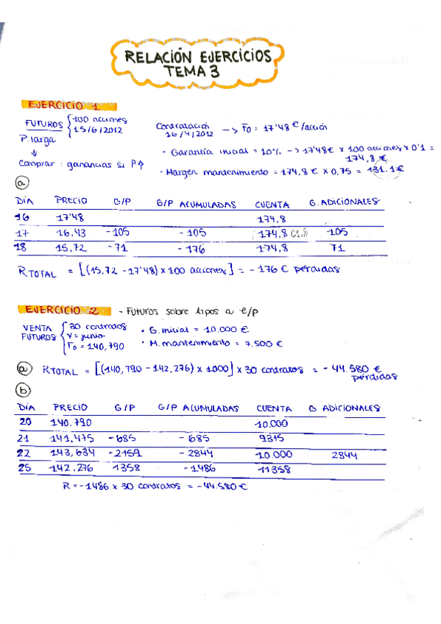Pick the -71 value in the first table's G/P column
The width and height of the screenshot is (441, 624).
point(121,248)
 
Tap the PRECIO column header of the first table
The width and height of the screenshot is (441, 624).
point(71,200)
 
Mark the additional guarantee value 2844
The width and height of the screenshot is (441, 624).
point(345,455)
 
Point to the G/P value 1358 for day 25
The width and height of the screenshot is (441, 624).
point(126,469)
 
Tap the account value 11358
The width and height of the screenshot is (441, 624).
point(275,470)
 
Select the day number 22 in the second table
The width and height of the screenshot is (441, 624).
point(24,453)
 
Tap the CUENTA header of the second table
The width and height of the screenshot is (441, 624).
point(274,408)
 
